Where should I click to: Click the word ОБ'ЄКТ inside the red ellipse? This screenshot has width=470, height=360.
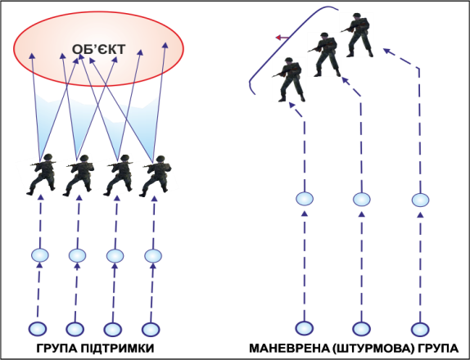[98, 49]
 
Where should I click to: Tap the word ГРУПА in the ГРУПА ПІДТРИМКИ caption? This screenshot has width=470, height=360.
[57, 349]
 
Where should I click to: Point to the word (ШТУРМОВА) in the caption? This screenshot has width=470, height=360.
[372, 349]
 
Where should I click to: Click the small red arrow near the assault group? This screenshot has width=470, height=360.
[282, 38]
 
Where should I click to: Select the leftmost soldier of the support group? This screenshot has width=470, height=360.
[42, 174]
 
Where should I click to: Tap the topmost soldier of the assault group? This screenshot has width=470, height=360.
[357, 35]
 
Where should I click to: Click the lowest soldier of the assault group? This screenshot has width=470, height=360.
[288, 79]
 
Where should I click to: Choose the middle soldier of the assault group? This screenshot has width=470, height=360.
[324, 55]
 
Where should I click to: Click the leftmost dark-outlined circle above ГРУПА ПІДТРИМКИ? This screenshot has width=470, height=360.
[38, 329]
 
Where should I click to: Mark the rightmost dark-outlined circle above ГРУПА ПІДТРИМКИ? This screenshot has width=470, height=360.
[151, 329]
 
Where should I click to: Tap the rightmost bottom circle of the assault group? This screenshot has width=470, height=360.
[420, 329]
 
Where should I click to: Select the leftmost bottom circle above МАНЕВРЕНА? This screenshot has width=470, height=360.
[305, 328]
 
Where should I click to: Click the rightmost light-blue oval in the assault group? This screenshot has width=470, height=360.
[420, 200]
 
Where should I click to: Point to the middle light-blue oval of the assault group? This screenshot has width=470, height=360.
[361, 199]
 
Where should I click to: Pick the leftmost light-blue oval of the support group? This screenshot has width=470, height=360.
[40, 255]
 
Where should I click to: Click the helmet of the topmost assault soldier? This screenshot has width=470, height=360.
[356, 16]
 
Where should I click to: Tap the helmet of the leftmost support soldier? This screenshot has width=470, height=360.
[48, 157]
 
